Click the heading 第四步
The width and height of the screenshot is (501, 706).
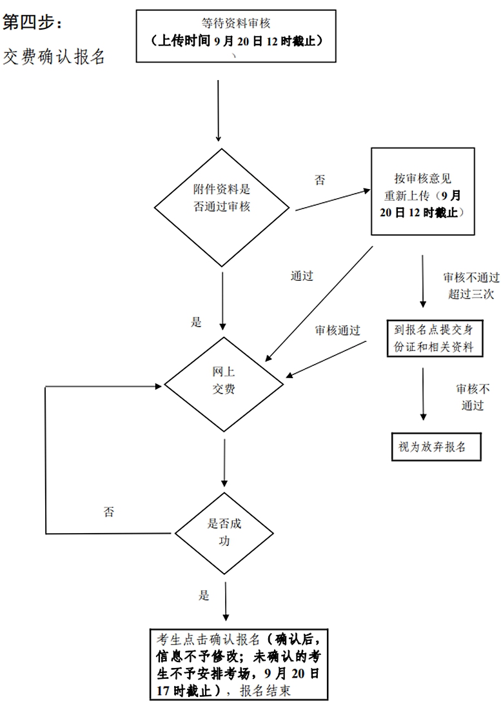coord(32,22)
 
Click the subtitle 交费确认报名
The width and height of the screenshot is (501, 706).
coord(54,57)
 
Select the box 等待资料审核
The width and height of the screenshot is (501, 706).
coord(236,36)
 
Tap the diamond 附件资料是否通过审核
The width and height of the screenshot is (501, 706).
coord(222,208)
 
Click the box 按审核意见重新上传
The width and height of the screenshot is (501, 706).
coord(423,192)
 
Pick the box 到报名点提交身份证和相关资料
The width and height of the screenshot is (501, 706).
coord(435,338)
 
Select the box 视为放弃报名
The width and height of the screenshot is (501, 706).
coord(437,447)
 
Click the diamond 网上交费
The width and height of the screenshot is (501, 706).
coord(224,384)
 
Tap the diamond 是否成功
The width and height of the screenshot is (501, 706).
coord(224,533)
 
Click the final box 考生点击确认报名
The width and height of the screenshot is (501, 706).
coord(239,665)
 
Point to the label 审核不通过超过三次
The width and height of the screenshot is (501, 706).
coord(471,285)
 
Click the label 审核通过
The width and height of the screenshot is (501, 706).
coord(338,330)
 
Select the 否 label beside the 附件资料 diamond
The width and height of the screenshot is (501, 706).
coord(320,180)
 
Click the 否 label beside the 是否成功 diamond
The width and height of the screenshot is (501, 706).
coord(109,512)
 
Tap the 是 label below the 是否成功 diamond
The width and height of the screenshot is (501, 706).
coord(204,595)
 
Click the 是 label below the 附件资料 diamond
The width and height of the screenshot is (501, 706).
coord(196,322)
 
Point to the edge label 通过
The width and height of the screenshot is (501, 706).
coord(302,276)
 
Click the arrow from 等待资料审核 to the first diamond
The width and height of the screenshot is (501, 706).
coord(219,111)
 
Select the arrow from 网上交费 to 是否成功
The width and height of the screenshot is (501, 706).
coord(224,463)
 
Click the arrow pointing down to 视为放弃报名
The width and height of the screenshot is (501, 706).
coord(423,394)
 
